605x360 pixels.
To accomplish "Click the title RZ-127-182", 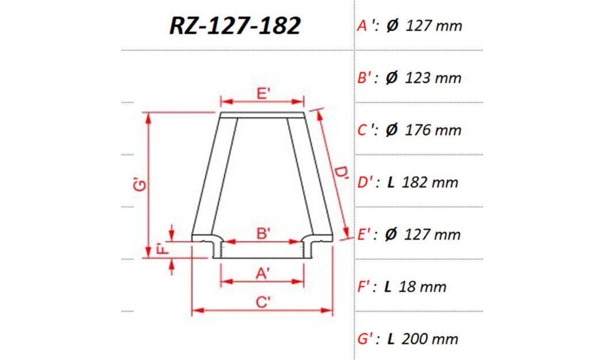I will tap(234, 26).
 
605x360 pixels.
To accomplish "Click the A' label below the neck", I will tap(263, 274).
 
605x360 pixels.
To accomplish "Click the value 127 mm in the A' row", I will tap(433, 26).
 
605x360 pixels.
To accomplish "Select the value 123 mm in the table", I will tap(433, 78).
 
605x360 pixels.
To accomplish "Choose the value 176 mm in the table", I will tap(433, 130).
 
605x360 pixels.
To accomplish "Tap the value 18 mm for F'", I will tap(424, 286).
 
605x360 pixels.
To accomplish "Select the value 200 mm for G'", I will tap(431, 339).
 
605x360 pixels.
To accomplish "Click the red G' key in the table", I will tap(367, 339).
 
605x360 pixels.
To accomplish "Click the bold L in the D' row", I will tap(391, 183).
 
